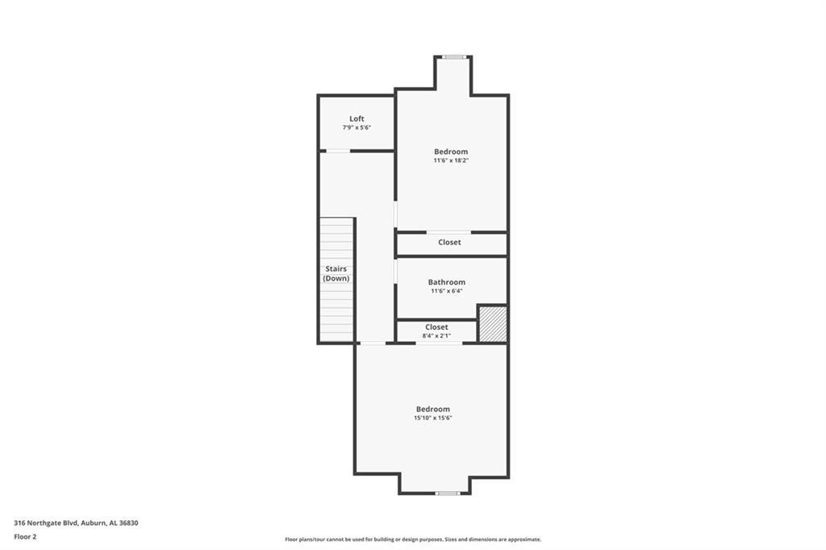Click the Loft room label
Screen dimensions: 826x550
pos(357,119)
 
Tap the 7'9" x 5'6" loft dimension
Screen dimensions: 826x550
pos(357,127)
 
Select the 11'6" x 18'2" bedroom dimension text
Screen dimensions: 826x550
pos(451,160)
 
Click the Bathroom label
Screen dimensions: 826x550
pos(447,281)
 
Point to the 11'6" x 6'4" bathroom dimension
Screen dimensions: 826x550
pos(447,291)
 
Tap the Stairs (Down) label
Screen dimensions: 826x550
pos(336,273)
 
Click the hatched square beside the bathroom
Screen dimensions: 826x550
pos(493,323)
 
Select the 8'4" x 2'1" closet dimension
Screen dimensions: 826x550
pos(436,335)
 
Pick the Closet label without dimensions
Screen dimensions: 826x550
pos(449,242)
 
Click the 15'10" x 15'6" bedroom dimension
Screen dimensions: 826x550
pos(433,418)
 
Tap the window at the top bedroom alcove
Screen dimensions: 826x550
pos(453,57)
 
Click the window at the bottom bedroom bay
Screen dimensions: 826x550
pos(447,493)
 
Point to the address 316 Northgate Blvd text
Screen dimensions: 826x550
pos(46,523)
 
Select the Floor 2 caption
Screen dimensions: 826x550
pos(25,537)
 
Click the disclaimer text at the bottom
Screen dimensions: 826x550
pos(413,540)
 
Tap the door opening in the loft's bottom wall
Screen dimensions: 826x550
pos(338,151)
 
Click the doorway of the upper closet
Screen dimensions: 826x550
pos(448,232)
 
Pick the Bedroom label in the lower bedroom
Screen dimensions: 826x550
pos(433,409)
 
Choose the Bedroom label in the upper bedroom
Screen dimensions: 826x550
pos(451,151)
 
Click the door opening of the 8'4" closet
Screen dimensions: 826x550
pos(440,344)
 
